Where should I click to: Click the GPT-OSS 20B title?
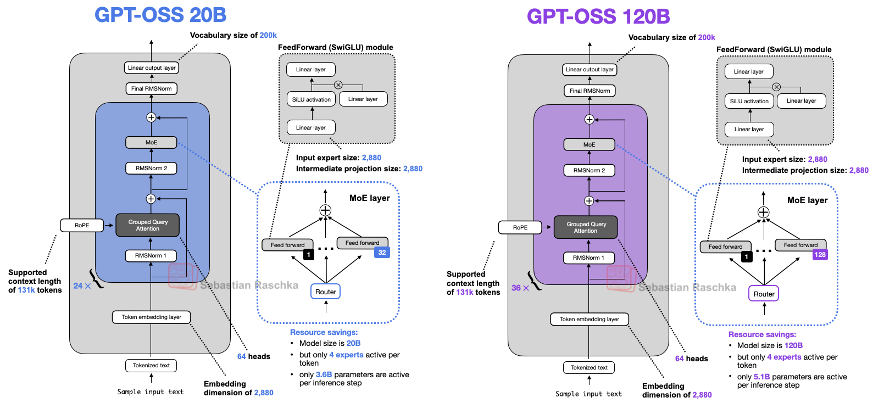160,15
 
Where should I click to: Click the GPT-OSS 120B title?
598,16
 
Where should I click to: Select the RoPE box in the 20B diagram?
82,225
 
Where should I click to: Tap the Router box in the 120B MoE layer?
764,294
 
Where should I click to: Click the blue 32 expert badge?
382,253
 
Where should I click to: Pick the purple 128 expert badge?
820,255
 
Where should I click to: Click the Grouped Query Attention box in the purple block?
586,227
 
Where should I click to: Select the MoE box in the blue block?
151,142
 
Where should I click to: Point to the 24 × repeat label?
82,286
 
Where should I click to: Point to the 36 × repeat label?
520,288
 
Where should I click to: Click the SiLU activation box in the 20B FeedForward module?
311,99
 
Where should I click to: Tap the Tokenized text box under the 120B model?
589,367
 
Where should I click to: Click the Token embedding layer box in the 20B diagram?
151,317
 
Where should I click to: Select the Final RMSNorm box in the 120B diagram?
590,91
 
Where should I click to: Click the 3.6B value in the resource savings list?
324,374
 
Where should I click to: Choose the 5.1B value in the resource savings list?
761,377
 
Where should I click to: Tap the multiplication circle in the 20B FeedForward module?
338,85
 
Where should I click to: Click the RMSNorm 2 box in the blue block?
151,168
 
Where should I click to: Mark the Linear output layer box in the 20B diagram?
152,68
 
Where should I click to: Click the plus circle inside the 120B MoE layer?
763,212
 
